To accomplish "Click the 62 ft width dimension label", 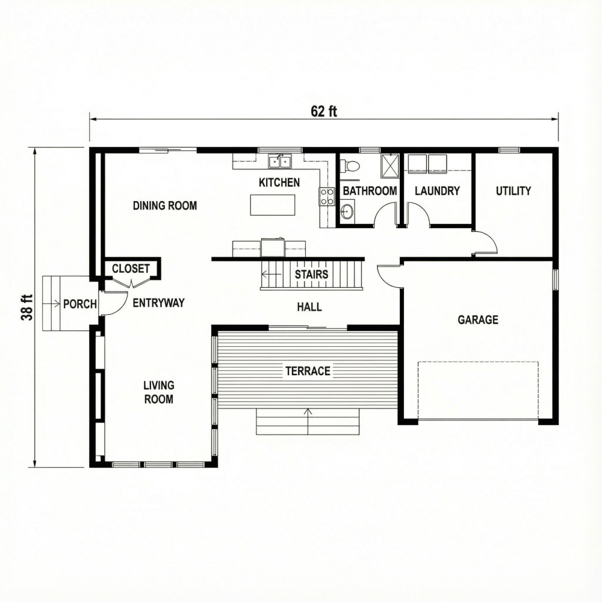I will point(324,111).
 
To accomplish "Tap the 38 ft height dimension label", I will point(28,307).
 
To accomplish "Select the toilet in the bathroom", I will point(351,166).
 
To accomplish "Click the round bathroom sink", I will point(347,211).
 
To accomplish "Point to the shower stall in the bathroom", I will point(391,165).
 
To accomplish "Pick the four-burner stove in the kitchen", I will point(327,196).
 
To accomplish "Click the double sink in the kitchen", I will point(279,161).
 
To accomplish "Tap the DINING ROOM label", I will point(164,206).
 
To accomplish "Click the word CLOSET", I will point(131,268).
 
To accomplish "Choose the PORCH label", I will point(80,304).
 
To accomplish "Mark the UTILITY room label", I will point(513,191).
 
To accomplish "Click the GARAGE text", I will point(478,320).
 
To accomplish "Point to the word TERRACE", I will point(308,371).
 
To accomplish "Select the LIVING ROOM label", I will point(158,392).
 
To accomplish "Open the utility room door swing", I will point(486,242).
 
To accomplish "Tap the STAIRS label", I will point(311,275).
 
